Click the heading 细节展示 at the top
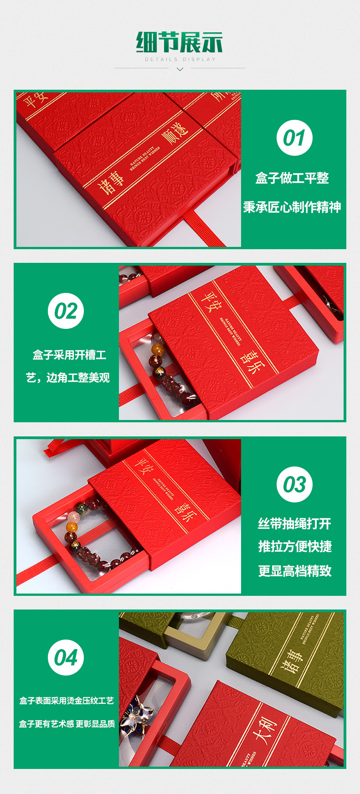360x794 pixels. coord(180,43)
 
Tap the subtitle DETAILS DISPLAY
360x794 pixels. coord(180,60)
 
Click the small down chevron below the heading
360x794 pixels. coord(180,69)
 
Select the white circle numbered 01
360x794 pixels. coord(294,138)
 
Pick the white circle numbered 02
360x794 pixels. coord(66,311)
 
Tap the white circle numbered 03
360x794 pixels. coord(294,485)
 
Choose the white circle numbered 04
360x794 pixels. coord(66,658)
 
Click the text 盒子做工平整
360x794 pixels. coord(292,178)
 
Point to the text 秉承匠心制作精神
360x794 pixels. coord(292,207)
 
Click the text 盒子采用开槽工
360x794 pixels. coord(69,355)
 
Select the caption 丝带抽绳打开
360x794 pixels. coord(294,524)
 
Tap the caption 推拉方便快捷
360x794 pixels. coord(295,547)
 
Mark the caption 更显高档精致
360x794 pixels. coord(295,571)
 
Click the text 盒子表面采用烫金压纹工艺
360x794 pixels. coord(67,701)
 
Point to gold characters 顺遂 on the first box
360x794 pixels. coord(175,134)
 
